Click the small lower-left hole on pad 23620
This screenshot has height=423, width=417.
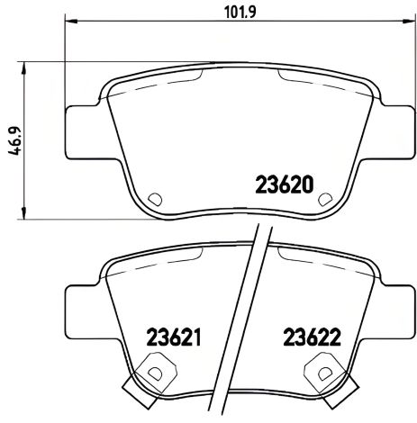click(153, 200)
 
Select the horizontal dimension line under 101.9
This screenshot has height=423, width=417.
click(162, 25)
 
